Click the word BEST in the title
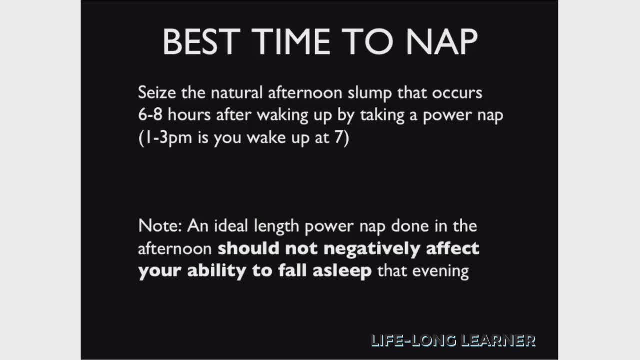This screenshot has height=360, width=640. click(x=201, y=41)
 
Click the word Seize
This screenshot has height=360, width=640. click(x=157, y=92)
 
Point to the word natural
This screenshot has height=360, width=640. click(x=236, y=92)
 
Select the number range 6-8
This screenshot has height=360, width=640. click(x=150, y=115)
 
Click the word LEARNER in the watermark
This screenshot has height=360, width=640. click(x=498, y=341)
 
